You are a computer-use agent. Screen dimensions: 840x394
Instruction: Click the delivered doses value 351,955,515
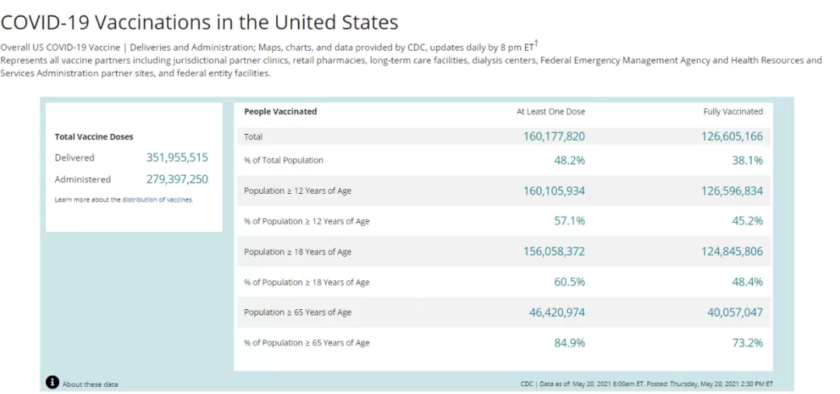tap(177, 157)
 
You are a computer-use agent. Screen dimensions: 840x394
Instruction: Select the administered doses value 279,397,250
tap(177, 179)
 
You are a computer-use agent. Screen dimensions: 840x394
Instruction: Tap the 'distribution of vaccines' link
tap(157, 199)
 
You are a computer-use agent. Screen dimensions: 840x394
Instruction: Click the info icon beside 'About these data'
tap(52, 382)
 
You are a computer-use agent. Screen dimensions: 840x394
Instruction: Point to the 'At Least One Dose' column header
tap(551, 111)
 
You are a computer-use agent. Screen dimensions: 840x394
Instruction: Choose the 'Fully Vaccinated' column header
tap(733, 111)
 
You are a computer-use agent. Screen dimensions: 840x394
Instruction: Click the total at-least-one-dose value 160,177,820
tap(554, 137)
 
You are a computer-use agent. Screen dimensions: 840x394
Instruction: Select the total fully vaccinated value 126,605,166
tap(732, 137)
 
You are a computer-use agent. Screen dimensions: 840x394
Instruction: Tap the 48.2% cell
tap(569, 160)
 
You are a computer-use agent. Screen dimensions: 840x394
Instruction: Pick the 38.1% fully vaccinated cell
tap(748, 160)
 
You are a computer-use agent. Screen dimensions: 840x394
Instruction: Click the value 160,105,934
tap(554, 191)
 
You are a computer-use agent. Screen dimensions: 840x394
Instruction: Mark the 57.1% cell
tap(569, 221)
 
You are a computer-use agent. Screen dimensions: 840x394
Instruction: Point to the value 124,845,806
tap(732, 252)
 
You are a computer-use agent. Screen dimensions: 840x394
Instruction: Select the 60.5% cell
tap(569, 282)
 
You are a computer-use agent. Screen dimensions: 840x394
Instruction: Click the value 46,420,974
tap(557, 312)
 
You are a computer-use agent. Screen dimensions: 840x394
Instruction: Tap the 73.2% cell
tap(748, 343)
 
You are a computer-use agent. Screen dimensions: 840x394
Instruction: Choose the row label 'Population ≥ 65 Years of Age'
tap(298, 312)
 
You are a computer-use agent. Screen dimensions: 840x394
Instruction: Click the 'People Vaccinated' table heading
tap(280, 111)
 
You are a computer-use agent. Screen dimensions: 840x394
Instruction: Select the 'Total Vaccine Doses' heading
tap(94, 137)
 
